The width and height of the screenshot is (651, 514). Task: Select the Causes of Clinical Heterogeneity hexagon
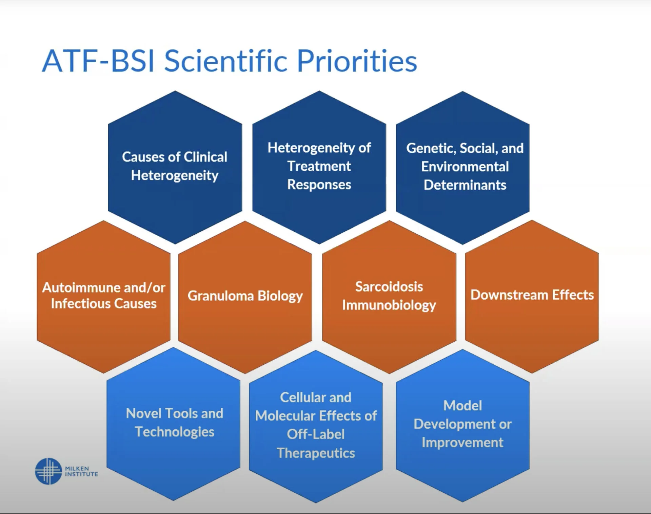pyautogui.click(x=175, y=167)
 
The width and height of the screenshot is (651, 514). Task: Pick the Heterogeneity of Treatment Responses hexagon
pyautogui.click(x=319, y=167)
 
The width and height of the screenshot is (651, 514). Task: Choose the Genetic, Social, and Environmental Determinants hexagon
pyautogui.click(x=463, y=168)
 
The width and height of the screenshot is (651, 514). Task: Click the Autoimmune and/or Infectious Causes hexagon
pyautogui.click(x=104, y=297)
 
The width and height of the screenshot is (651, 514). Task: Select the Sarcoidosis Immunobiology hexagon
pyautogui.click(x=389, y=297)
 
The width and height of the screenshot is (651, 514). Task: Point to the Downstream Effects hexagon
pyautogui.click(x=532, y=296)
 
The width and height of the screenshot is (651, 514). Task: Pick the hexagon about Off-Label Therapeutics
pyautogui.click(x=316, y=426)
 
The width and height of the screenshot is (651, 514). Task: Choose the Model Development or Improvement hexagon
pyautogui.click(x=463, y=426)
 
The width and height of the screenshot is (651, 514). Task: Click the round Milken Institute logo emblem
pyautogui.click(x=48, y=471)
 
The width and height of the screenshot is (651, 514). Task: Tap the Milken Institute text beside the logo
pyautogui.click(x=81, y=471)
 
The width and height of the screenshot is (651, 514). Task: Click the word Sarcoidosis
pyautogui.click(x=389, y=287)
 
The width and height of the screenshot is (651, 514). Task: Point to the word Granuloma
pyautogui.click(x=221, y=296)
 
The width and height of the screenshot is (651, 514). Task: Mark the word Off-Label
pyautogui.click(x=316, y=434)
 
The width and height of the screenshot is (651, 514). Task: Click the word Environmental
pyautogui.click(x=465, y=167)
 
